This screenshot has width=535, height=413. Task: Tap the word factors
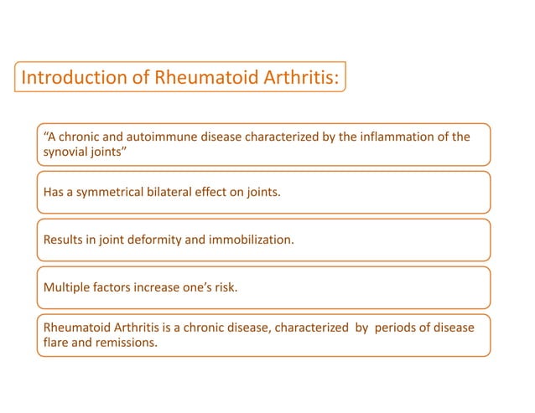coord(117,288)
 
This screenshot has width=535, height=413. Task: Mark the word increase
coord(168,288)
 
